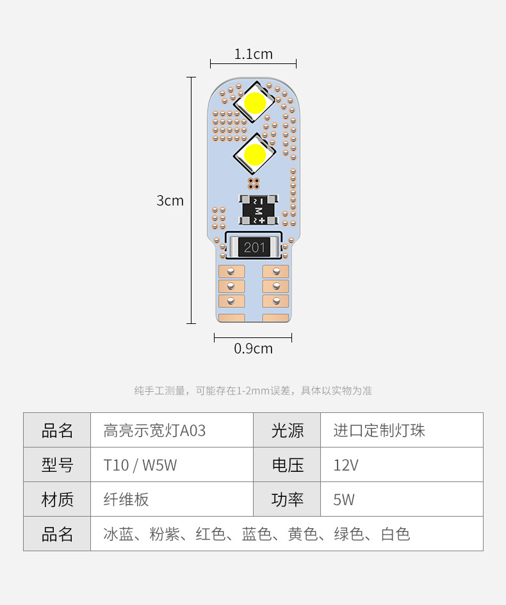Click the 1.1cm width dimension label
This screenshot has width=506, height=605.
click(x=253, y=54)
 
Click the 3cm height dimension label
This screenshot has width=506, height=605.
click(x=170, y=200)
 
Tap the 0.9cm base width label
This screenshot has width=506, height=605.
click(x=253, y=349)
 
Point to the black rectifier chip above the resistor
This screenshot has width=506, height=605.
click(x=259, y=210)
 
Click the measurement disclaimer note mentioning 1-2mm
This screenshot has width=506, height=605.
click(x=253, y=391)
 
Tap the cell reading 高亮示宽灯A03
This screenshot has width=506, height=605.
click(x=155, y=430)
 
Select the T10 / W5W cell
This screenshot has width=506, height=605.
click(x=140, y=465)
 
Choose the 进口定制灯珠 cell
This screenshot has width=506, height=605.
click(x=379, y=430)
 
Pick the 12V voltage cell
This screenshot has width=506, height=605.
click(x=346, y=465)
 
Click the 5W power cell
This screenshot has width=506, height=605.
click(x=344, y=499)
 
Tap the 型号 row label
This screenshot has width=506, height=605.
click(x=57, y=465)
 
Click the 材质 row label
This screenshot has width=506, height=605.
click(x=57, y=499)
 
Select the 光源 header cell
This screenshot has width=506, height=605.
click(x=287, y=430)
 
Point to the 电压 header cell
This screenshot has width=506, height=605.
click(x=287, y=465)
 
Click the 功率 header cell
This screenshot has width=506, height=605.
click(x=287, y=499)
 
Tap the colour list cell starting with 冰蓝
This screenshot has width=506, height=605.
click(x=256, y=534)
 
